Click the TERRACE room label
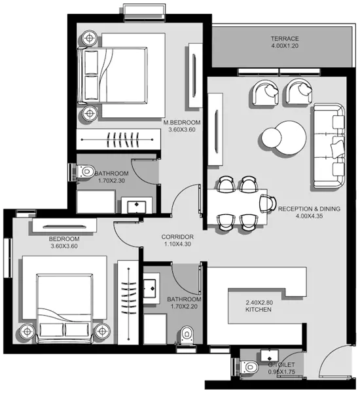(x=285, y=39)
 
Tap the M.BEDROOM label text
(x=182, y=122)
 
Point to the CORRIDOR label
(x=177, y=236)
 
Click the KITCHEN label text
(x=258, y=310)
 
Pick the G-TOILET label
(x=281, y=364)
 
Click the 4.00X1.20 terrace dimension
(x=285, y=47)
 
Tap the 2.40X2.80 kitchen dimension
(x=258, y=302)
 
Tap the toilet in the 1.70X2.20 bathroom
(x=189, y=334)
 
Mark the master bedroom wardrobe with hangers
(x=118, y=139)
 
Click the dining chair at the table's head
(x=266, y=202)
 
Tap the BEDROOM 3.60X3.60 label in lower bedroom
(x=64, y=242)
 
